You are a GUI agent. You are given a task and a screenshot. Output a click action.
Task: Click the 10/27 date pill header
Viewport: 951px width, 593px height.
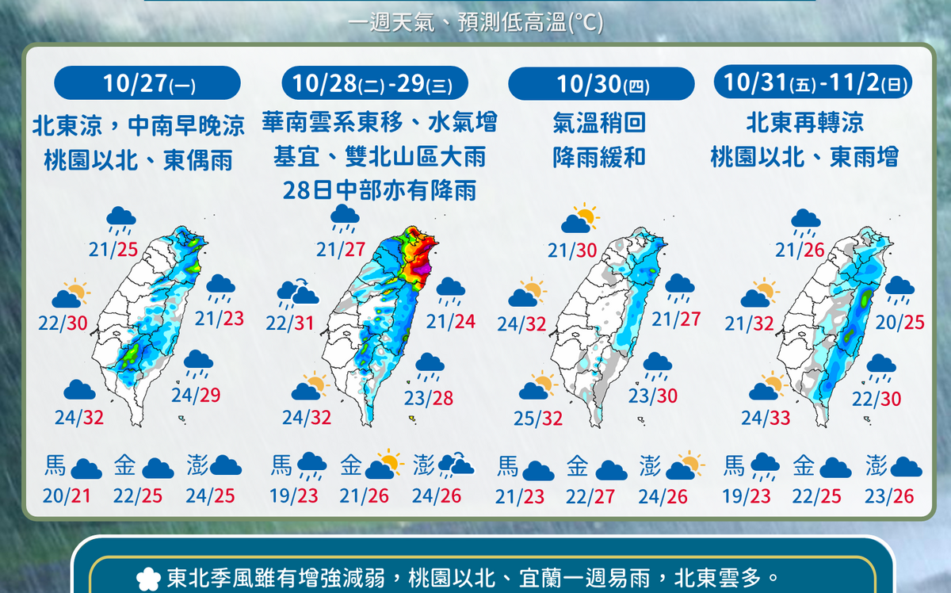point(147,82)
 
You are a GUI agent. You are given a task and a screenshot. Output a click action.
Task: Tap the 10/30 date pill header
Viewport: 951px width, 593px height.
point(601,83)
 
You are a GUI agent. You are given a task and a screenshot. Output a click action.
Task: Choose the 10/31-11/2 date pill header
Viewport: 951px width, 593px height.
point(813,82)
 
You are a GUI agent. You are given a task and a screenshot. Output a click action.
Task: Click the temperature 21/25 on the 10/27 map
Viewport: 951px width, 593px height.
point(114,251)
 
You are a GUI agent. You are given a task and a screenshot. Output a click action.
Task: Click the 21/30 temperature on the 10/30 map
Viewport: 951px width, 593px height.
point(571,251)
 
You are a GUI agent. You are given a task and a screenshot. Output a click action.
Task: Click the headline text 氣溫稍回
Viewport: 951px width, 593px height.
point(600,123)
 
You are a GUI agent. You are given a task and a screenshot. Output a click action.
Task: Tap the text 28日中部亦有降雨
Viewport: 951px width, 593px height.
point(380,190)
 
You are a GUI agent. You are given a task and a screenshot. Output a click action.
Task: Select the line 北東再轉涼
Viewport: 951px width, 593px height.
point(804,123)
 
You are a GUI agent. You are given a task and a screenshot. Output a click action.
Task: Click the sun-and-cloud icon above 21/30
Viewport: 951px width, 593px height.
point(581,219)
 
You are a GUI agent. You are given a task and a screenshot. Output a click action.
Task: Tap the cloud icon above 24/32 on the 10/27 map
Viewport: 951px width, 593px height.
point(79,389)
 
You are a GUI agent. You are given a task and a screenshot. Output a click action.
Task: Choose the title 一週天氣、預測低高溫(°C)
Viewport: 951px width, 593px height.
point(475,24)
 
